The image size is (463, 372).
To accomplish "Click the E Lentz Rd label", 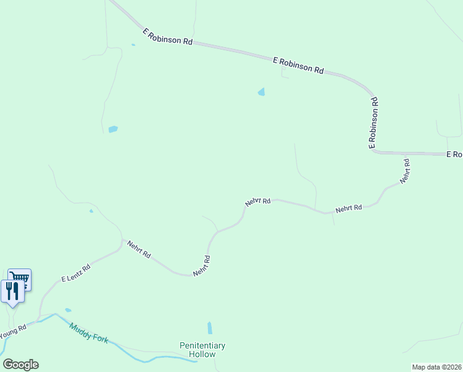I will click(x=76, y=273).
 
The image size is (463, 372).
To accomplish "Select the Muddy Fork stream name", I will click(x=89, y=333).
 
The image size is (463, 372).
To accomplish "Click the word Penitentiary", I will click(x=202, y=345).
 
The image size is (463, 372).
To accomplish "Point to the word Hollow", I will click(x=202, y=354).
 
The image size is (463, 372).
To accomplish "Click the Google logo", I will click(x=20, y=365).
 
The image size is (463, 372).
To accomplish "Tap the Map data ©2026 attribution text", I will click(x=436, y=367).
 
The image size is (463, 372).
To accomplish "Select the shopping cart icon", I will click(x=20, y=278).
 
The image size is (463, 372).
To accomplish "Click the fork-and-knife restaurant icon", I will click(x=12, y=290).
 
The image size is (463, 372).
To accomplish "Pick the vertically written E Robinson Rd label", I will click(x=373, y=123).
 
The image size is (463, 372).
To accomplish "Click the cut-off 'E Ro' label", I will click(x=455, y=154).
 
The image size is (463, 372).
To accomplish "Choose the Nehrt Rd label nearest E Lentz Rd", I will click(x=139, y=249).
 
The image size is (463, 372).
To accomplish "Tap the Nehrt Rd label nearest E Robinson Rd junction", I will click(x=405, y=170).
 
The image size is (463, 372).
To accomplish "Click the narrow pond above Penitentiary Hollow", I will click(x=209, y=328).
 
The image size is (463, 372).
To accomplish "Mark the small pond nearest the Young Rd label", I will click(x=67, y=310).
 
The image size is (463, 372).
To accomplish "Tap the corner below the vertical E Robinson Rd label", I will click(x=373, y=151).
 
